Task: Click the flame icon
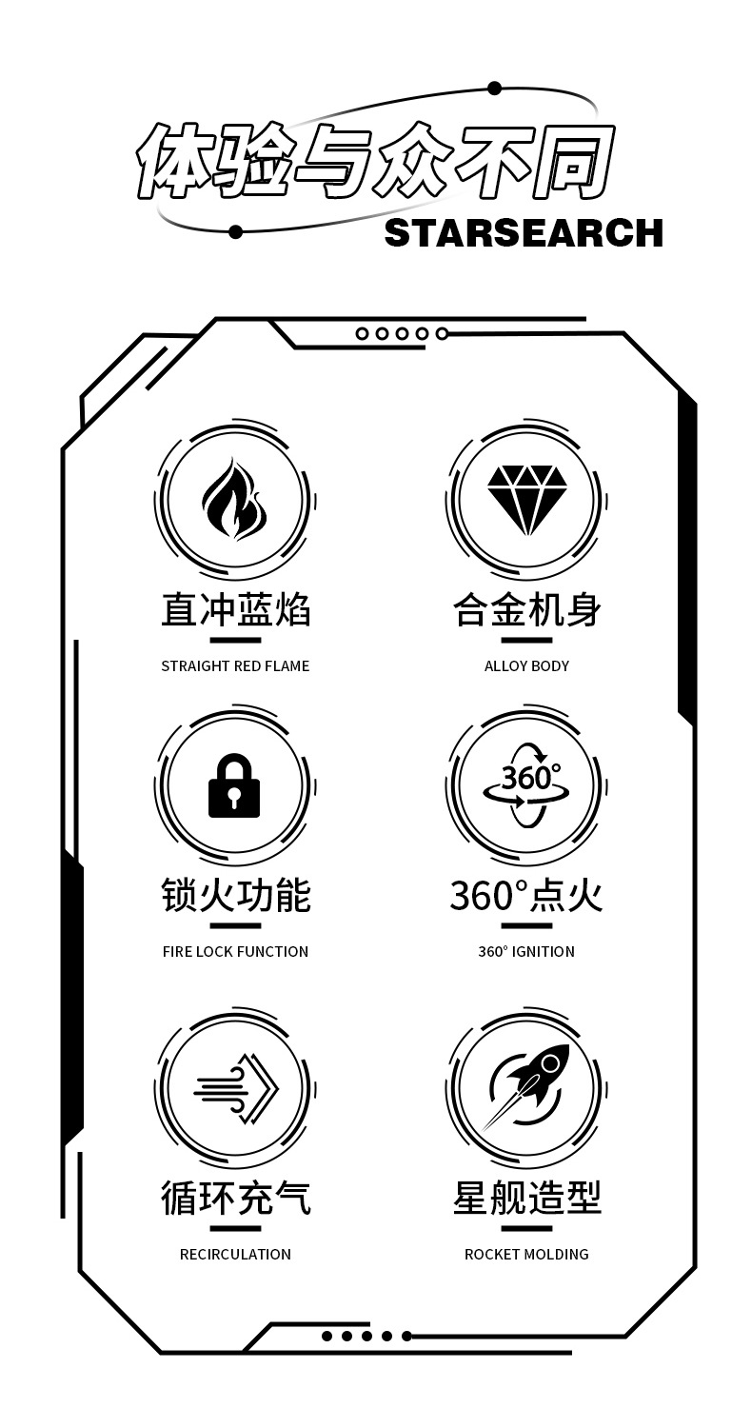click(234, 500)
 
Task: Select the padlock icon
click(234, 786)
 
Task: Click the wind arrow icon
click(234, 1088)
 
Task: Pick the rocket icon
click(526, 1088)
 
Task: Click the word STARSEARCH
click(524, 233)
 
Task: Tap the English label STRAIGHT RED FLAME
click(235, 666)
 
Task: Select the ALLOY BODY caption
click(526, 666)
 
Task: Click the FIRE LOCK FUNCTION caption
click(235, 952)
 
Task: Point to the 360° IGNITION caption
click(526, 952)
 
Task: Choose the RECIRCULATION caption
click(235, 1255)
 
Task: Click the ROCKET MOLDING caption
click(526, 1255)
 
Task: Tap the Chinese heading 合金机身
click(526, 610)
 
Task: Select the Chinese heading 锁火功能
click(235, 896)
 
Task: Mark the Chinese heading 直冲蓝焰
click(235, 610)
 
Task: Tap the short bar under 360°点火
click(526, 925)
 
